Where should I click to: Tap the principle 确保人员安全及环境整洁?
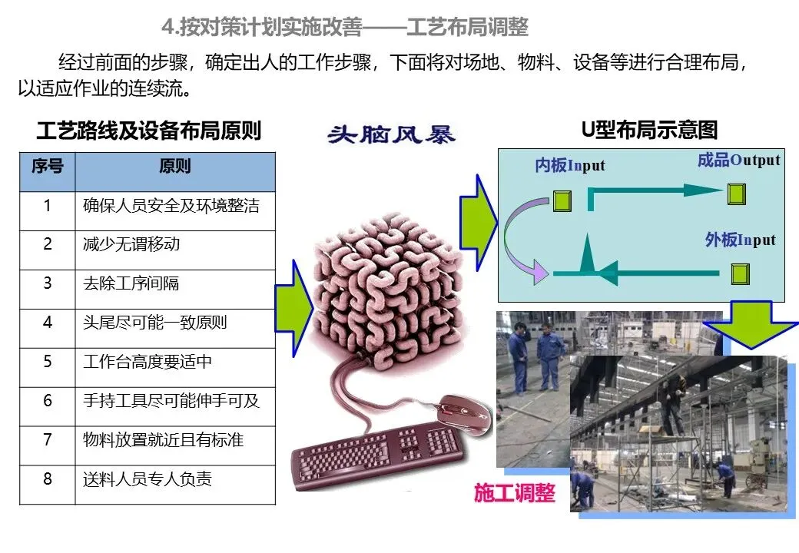point(171,206)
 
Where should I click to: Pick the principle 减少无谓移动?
point(131,245)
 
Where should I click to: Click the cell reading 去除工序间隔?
point(131,284)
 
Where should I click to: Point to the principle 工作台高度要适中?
point(148,362)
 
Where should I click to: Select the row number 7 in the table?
point(48,440)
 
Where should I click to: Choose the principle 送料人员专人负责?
point(148,479)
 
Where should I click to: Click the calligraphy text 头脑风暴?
point(391,134)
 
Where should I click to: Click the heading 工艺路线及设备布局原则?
point(148,131)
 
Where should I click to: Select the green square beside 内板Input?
point(562,200)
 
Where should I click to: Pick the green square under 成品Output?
point(736,194)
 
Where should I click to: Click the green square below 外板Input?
point(740,273)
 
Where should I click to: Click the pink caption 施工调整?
point(514,492)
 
